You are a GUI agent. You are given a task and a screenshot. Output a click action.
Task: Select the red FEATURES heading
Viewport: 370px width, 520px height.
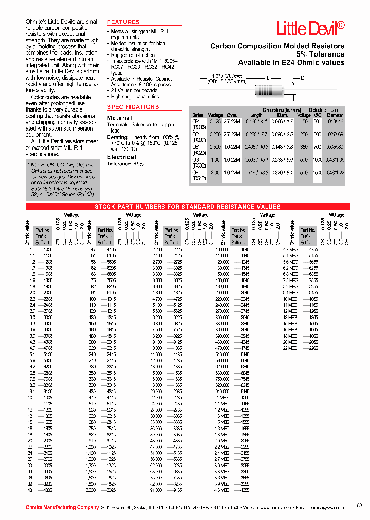pyautogui.click(x=123, y=22)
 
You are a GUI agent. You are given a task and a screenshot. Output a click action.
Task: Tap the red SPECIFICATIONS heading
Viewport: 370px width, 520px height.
pyautogui.click(x=133, y=107)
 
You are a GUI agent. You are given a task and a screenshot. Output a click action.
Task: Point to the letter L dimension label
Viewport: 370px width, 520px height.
pyautogui.click(x=268, y=77)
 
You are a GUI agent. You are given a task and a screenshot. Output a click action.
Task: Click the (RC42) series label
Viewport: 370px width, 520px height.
pyautogui.click(x=199, y=178)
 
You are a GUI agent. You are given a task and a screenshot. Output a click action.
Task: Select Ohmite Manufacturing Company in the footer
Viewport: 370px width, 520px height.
pyautogui.click(x=62, y=507)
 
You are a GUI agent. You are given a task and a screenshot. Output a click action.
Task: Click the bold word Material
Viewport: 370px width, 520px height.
pyautogui.click(x=119, y=118)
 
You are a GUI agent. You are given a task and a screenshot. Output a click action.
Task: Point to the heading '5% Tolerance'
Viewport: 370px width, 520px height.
pyautogui.click(x=320, y=54)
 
